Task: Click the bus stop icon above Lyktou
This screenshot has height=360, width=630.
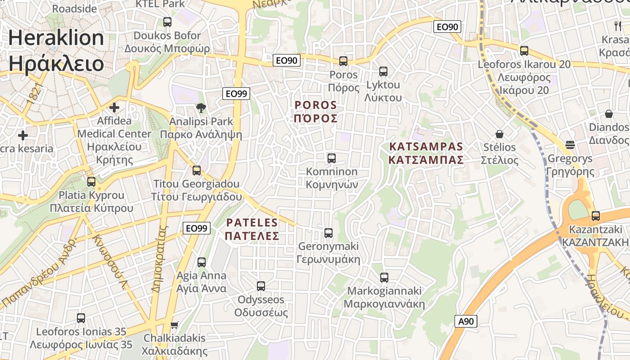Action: point(383,71)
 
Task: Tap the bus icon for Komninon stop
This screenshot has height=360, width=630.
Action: point(332,158)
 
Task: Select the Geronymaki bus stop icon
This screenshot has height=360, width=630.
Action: point(328,233)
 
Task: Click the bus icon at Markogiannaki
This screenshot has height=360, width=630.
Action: point(384,277)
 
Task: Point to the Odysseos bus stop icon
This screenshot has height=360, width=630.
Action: point(261,286)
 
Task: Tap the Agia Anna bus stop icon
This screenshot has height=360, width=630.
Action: point(202,262)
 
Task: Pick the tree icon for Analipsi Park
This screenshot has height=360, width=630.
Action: point(201,108)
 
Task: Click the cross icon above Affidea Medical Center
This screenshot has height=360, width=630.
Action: point(114,108)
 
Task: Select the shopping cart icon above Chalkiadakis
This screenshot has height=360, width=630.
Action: point(174,324)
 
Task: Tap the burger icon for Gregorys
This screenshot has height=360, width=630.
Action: point(570,145)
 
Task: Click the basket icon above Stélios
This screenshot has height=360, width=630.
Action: point(499,134)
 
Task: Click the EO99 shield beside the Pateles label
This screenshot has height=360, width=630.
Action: point(197,229)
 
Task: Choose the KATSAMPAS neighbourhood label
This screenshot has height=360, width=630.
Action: point(426,153)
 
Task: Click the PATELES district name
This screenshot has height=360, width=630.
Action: point(252,229)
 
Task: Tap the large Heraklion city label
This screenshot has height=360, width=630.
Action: point(56,50)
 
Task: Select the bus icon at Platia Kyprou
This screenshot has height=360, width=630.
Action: point(91,181)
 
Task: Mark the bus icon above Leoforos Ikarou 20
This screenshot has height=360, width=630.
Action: point(524,51)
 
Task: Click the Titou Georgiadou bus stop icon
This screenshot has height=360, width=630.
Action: point(197,170)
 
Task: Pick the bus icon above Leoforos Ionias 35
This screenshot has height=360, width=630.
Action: point(81,318)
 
